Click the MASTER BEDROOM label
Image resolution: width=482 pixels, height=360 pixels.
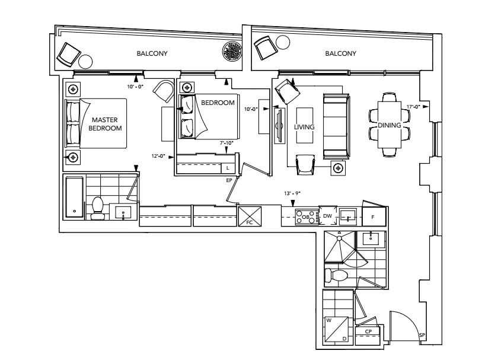(x=105, y=124)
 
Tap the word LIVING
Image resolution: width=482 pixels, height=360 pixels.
(x=304, y=127)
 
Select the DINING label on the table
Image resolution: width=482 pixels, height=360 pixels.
(x=390, y=125)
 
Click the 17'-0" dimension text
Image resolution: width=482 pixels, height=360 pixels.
(x=413, y=107)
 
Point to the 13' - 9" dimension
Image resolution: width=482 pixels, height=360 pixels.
(x=292, y=193)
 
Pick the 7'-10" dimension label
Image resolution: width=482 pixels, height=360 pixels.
(x=226, y=143)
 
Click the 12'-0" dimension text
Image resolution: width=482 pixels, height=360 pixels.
(x=158, y=156)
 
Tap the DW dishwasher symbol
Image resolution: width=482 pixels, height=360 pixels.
(x=328, y=216)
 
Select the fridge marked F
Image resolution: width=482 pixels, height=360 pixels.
(x=374, y=216)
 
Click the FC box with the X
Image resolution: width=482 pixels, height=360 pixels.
(x=250, y=216)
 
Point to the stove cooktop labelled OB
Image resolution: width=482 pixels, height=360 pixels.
(x=307, y=217)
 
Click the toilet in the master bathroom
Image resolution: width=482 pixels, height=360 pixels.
(x=97, y=208)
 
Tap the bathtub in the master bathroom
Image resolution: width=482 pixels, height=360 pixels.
(x=74, y=197)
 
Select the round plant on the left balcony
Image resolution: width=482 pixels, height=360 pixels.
(x=232, y=51)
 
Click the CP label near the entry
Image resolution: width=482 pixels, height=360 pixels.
(x=368, y=332)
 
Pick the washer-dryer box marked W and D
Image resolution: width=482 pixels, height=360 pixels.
(x=337, y=330)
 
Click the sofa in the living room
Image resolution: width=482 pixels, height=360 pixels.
(x=336, y=126)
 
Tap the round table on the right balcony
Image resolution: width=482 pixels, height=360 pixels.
(x=283, y=42)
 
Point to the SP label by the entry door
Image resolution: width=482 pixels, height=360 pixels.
(x=422, y=335)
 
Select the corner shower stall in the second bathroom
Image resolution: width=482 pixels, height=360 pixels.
(x=340, y=247)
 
